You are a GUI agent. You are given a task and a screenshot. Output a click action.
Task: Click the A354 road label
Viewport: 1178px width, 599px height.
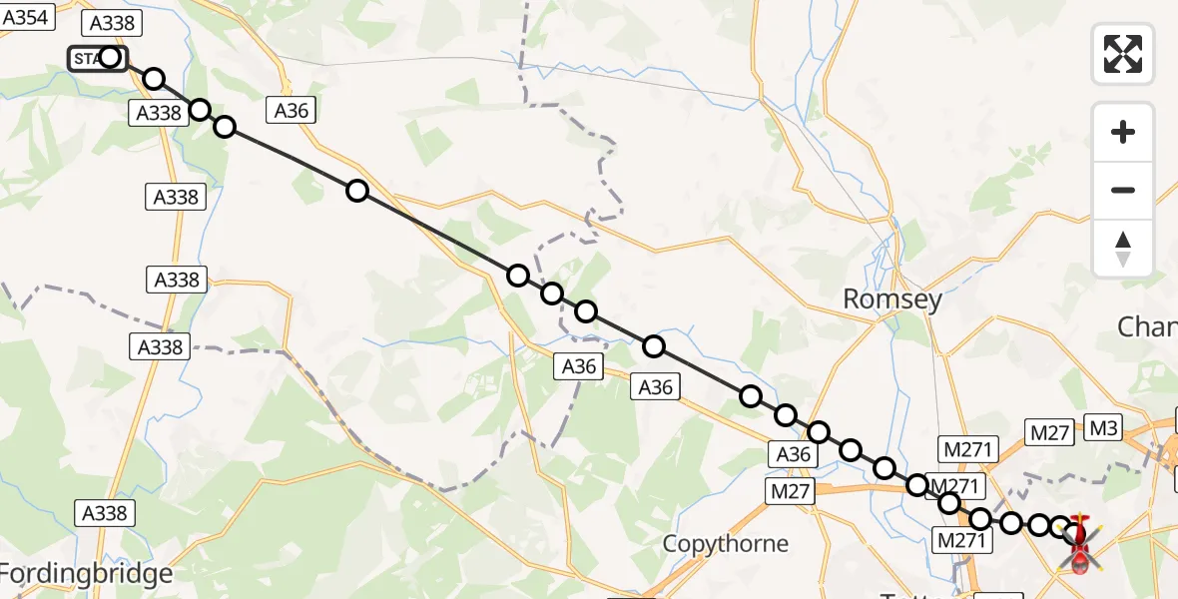(x=25, y=16)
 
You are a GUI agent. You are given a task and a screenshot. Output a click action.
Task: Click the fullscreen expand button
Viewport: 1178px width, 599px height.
(x=1123, y=54)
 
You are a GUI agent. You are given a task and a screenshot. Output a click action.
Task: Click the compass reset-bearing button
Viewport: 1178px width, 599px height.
(x=1123, y=249)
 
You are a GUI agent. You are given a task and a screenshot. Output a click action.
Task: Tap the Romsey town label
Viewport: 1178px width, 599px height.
(x=892, y=299)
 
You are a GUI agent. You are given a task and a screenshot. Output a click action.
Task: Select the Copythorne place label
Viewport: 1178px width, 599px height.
(x=726, y=544)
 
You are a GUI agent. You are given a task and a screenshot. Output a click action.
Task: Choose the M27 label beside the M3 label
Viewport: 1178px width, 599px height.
(x=1050, y=431)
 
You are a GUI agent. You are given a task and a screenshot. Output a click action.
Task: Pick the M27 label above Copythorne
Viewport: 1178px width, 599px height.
(x=792, y=490)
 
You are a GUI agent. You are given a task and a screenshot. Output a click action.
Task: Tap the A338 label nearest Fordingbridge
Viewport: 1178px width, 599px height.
(x=103, y=513)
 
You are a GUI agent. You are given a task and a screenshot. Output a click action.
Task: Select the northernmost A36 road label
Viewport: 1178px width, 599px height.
(x=292, y=110)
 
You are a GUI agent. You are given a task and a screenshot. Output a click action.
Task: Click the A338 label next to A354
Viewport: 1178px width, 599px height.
(x=115, y=24)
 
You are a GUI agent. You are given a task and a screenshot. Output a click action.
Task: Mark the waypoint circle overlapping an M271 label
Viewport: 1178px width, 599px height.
(x=917, y=485)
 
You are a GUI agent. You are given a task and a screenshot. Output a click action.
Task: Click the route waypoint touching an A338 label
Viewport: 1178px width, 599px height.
(x=200, y=110)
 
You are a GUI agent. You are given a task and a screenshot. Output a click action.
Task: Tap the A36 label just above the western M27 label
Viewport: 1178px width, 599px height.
(x=794, y=454)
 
